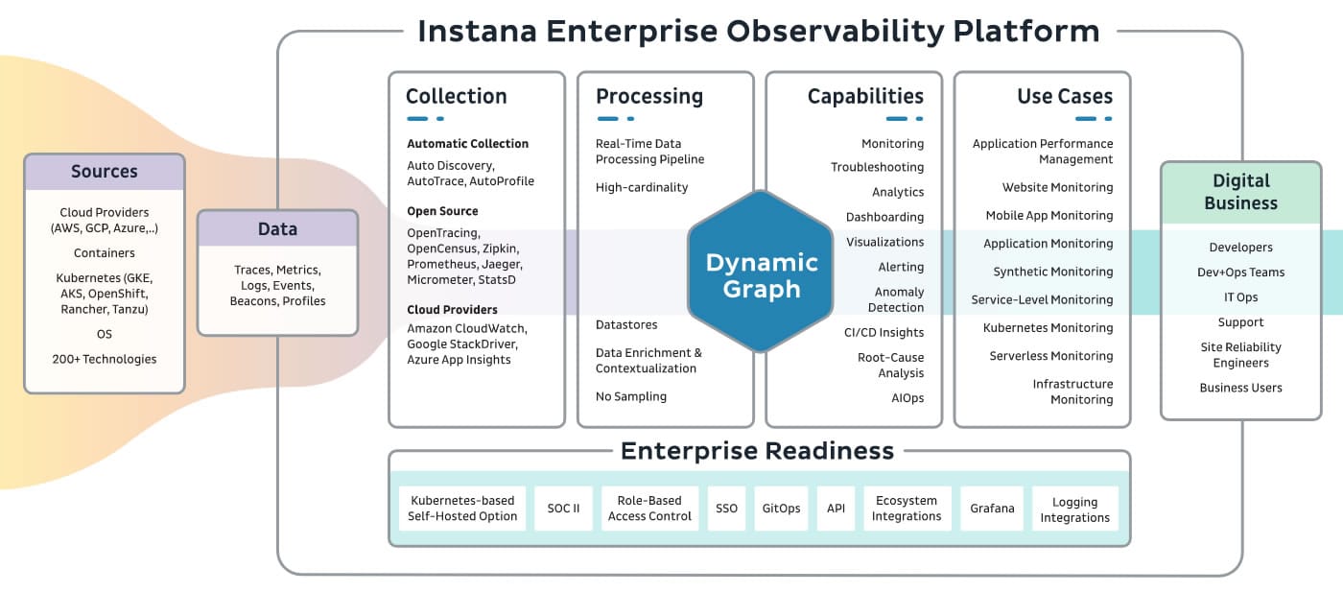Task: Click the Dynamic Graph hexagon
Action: click(x=761, y=272)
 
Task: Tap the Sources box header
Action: click(x=105, y=172)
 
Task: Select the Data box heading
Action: click(x=277, y=228)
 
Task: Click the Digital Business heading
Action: click(x=1240, y=192)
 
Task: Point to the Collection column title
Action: click(x=457, y=96)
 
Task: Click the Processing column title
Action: click(x=649, y=96)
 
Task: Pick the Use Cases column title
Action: click(x=1064, y=96)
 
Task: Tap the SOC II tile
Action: click(x=563, y=509)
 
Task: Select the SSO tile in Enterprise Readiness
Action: click(x=726, y=509)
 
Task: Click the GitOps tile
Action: click(x=781, y=509)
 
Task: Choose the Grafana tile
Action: click(x=992, y=509)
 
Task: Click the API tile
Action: click(x=836, y=509)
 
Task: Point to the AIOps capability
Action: click(x=907, y=397)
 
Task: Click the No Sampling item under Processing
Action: click(x=631, y=396)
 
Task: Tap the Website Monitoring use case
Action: click(x=1057, y=187)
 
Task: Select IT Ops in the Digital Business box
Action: click(x=1240, y=297)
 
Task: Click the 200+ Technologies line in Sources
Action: click(x=105, y=359)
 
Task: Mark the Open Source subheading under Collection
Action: click(x=442, y=211)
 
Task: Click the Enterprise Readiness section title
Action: click(x=757, y=451)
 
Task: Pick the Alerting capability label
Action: click(x=901, y=267)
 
